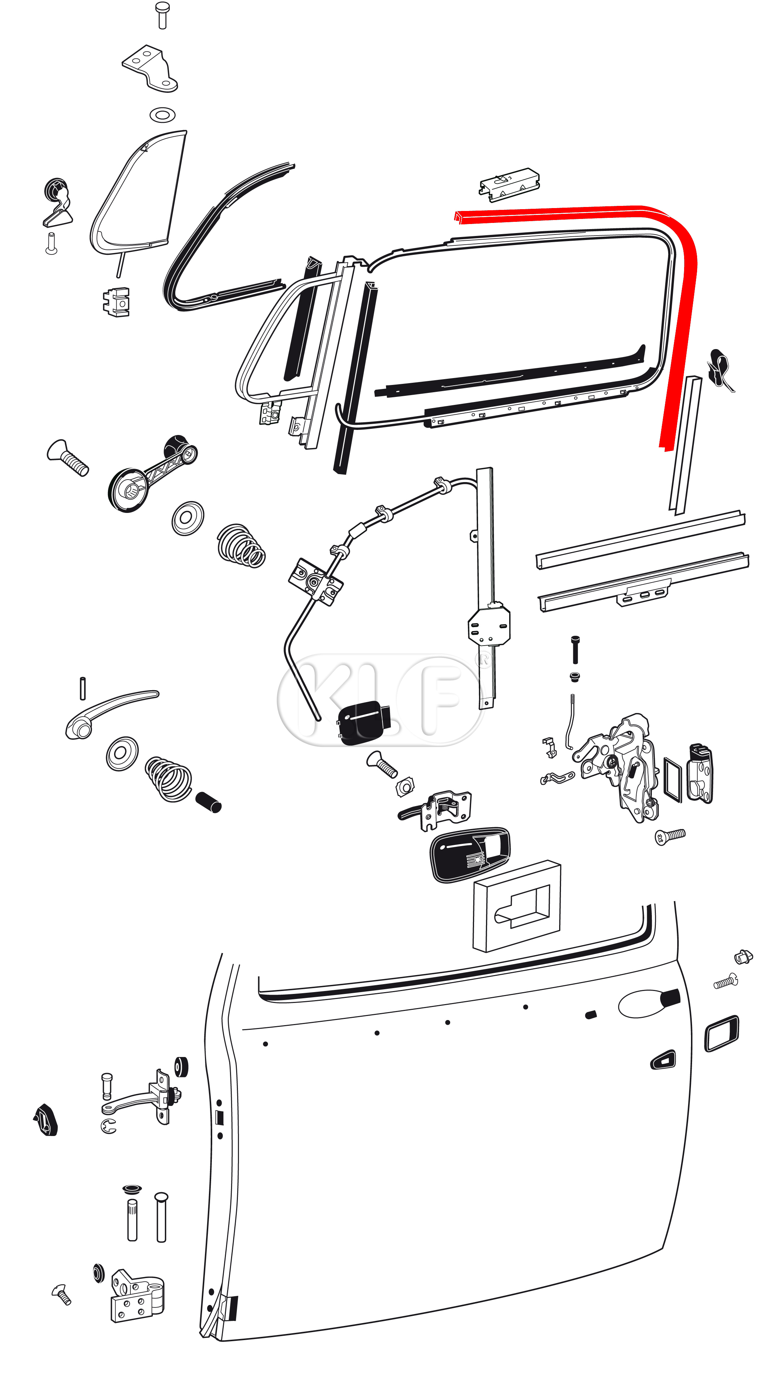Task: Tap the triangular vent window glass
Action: click(x=139, y=192)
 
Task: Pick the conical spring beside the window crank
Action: click(x=241, y=545)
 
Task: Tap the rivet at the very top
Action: click(x=162, y=14)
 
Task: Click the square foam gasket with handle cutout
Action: click(x=516, y=906)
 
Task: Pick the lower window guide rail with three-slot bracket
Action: click(x=644, y=582)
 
